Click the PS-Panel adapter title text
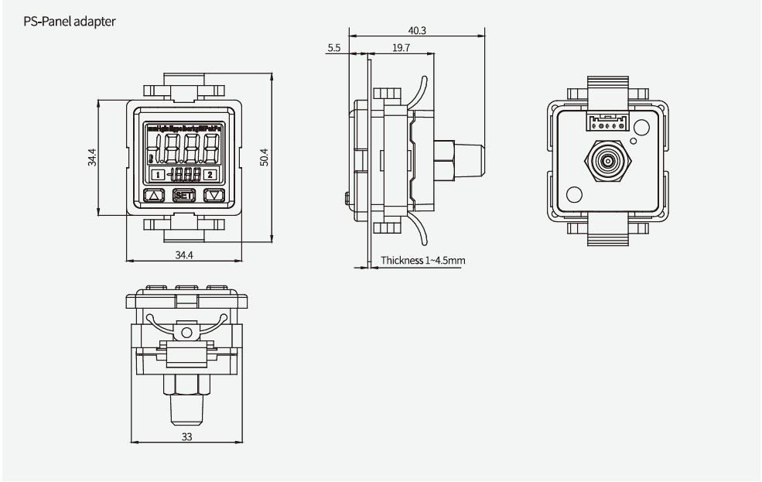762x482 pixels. (70, 22)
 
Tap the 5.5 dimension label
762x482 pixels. (333, 48)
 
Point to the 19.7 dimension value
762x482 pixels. (401, 48)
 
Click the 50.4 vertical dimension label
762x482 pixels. (264, 158)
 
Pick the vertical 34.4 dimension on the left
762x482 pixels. (92, 158)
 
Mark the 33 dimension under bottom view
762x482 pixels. (187, 436)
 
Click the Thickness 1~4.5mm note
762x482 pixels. (422, 261)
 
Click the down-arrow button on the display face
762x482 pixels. (213, 195)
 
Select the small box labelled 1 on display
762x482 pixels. (157, 175)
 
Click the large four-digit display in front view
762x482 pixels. (183, 145)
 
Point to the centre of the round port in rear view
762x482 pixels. (606, 163)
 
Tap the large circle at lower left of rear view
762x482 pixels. (574, 194)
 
